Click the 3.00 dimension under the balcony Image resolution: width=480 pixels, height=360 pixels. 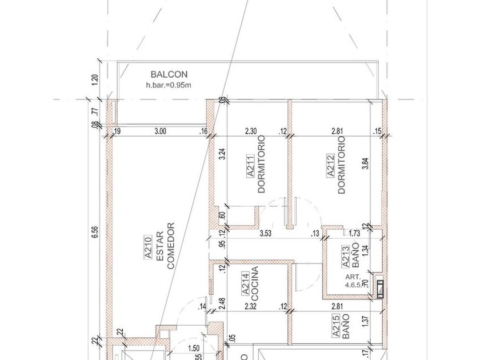click(x=160, y=131)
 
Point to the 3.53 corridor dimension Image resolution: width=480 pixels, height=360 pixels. click(x=265, y=233)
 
